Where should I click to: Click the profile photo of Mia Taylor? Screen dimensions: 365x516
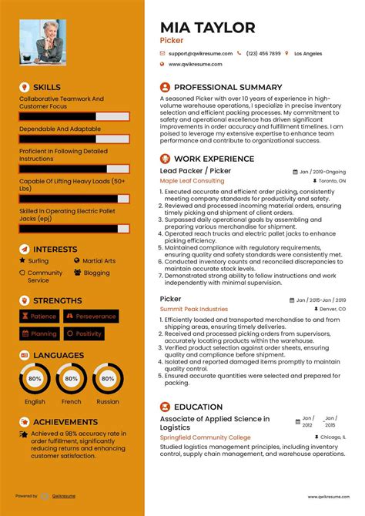coord(42,42)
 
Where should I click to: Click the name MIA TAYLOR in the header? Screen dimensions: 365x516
coord(207,28)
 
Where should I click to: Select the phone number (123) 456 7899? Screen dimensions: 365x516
coord(263,53)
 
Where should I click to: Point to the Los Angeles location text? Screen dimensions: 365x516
coord(308,53)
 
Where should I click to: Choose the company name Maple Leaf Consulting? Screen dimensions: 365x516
coord(192,181)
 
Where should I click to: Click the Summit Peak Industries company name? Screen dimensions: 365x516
coord(193,309)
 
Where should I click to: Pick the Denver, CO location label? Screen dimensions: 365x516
coord(327,309)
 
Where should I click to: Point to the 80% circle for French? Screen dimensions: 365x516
coord(71,379)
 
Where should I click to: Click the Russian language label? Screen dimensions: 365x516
coord(108,401)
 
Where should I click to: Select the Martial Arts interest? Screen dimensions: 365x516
coord(98,261)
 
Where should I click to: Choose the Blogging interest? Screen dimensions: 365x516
coord(96,273)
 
